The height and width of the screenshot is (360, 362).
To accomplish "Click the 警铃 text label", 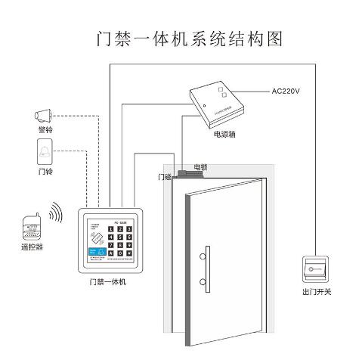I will coord(45,131).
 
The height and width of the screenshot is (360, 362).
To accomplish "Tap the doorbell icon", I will coord(45,153).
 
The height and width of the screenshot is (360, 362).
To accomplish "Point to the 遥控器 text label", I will coord(33,247).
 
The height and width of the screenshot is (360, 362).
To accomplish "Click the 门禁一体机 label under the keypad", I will coord(107,283).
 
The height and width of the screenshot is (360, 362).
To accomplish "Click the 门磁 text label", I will coord(164,176).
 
